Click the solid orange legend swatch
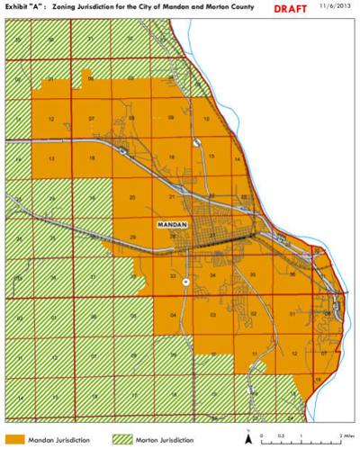click(x=14, y=438)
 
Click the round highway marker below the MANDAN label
click(x=184, y=282)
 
